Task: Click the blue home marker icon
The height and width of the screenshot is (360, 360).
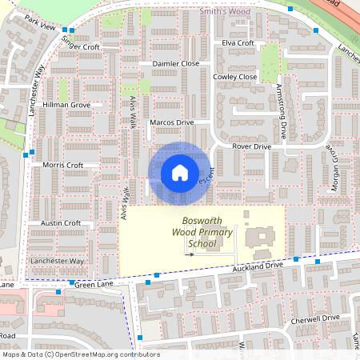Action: pos(180,173)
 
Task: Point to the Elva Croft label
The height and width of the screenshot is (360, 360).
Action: pos(238,42)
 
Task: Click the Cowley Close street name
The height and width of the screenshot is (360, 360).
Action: pos(235,77)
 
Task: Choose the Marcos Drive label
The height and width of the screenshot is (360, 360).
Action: pos(173,122)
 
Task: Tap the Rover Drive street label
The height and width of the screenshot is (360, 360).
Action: pos(251,147)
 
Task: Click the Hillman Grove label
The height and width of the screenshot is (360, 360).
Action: pos(66,105)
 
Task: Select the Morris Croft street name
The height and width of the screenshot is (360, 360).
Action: pos(63,165)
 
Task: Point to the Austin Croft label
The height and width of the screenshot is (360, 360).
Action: pos(61,223)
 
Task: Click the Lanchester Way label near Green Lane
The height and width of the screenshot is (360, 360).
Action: pos(56,261)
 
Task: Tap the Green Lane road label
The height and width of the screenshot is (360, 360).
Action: pos(95,283)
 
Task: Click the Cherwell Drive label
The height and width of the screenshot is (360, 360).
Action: pos(316,318)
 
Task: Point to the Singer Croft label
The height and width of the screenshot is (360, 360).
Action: pos(80,47)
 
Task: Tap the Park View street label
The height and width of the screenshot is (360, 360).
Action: pos(40,26)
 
